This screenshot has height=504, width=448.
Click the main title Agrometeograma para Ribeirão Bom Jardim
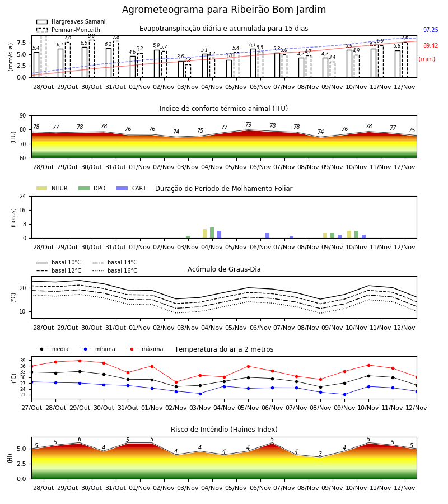click(223, 10)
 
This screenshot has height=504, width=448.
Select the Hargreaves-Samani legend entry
click(71, 21)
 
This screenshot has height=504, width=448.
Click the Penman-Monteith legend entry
click(68, 30)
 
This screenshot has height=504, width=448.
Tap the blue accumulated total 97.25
click(431, 30)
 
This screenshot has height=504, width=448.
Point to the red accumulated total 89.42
click(431, 46)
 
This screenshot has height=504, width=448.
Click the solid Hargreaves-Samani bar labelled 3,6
click(181, 69)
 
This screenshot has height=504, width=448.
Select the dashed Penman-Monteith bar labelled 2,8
click(188, 71)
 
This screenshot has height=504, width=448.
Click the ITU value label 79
click(249, 124)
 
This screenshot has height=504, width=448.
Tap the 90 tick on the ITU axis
click(23, 116)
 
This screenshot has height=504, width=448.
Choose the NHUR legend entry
click(52, 188)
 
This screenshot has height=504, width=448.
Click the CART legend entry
click(132, 188)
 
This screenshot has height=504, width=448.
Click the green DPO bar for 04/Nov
click(212, 233)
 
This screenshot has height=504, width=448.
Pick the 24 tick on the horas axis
click(23, 196)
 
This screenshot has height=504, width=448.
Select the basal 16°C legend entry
click(115, 270)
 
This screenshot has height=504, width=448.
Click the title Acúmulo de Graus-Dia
click(224, 269)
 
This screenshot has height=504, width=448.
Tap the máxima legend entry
click(144, 349)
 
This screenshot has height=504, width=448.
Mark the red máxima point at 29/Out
click(80, 361)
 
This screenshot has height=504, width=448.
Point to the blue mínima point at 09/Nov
click(344, 394)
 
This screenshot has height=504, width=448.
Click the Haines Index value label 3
click(320, 454)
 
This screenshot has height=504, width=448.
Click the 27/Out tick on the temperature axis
click(31, 408)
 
